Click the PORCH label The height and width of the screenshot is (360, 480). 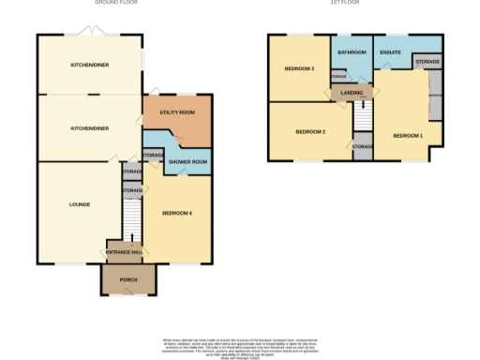pos(128,280)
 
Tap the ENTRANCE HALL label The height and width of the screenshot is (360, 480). pos(125,253)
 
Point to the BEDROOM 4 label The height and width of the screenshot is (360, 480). pos(176,213)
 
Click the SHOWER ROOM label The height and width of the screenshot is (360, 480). pos(187,159)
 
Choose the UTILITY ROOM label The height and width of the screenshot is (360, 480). pos(176,112)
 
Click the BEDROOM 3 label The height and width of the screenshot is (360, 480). pos(300,68)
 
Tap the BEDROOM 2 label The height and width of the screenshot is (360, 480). pos(310,132)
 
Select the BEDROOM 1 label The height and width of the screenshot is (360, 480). pos(408,136)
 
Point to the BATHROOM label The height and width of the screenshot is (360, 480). pos(352,52)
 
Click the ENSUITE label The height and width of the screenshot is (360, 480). pos(392,52)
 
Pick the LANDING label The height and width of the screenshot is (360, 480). pos(352,92)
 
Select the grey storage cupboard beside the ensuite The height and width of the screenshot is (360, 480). pos(427,61)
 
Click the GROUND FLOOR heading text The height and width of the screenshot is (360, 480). pos(117,3)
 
